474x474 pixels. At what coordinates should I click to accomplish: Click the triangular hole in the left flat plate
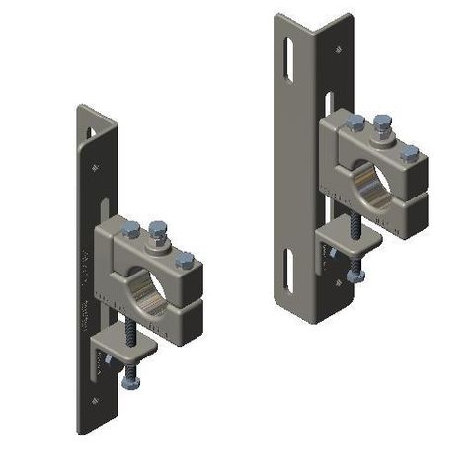[92, 128]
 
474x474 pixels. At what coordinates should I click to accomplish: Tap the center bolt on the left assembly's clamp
[156, 233]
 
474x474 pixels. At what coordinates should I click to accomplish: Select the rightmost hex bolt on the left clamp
[184, 260]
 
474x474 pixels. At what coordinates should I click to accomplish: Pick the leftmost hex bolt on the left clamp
[130, 228]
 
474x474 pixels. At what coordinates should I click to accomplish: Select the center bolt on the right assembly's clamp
[383, 124]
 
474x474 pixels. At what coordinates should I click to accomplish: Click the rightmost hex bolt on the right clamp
[409, 151]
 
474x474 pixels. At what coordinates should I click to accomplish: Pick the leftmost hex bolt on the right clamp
[355, 122]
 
